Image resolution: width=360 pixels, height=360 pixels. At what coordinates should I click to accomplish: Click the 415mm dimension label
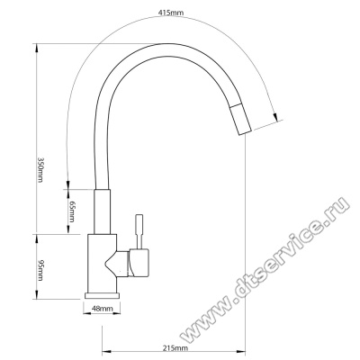tap(171, 13)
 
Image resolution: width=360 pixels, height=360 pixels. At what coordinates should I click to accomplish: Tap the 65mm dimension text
tap(72, 211)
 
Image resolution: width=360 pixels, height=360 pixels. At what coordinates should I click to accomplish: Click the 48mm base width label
tap(103, 309)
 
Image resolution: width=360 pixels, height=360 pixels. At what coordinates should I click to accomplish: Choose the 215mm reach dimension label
tap(175, 348)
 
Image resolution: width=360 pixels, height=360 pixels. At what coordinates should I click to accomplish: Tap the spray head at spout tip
tap(240, 119)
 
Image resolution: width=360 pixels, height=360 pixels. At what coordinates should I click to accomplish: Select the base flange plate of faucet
tap(102, 295)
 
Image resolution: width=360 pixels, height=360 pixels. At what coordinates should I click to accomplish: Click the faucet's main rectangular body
tap(102, 264)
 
